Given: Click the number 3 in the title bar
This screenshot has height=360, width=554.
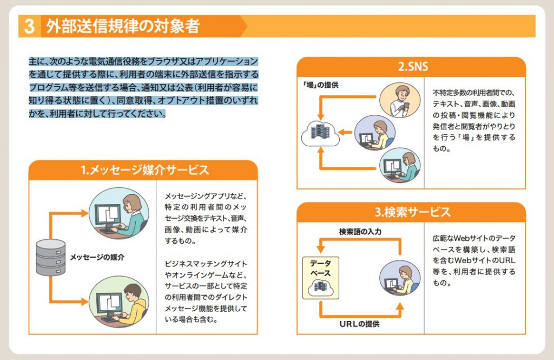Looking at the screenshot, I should pyautogui.click(x=30, y=27).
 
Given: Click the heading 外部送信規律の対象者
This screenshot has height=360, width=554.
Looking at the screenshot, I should pyautogui.click(x=122, y=27).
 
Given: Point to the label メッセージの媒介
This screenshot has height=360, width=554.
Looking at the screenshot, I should pyautogui.click(x=97, y=257).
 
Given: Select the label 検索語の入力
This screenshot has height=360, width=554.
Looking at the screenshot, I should pyautogui.click(x=360, y=232).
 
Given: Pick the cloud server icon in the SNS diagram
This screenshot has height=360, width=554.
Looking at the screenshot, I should pyautogui.click(x=321, y=133).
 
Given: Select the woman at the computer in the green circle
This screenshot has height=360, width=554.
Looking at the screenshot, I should pyautogui.click(x=117, y=214).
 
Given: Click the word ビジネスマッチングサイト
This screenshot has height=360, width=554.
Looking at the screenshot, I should pyautogui.click(x=206, y=264).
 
